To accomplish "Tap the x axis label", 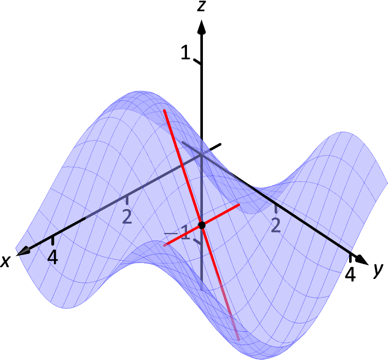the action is (x=6, y=261).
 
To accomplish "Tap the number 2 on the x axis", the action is (x=127, y=216).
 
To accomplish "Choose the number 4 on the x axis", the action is (x=53, y=256).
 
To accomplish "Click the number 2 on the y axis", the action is (x=276, y=225).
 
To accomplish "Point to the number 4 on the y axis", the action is (x=350, y=274).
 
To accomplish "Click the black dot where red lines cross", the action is (x=202, y=225).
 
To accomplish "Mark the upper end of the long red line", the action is (x=164, y=110).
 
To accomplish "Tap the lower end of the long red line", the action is (x=239, y=338).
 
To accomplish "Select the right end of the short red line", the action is (x=239, y=204).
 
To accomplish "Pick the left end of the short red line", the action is (x=164, y=245).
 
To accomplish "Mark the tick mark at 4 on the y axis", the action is (x=351, y=257).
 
